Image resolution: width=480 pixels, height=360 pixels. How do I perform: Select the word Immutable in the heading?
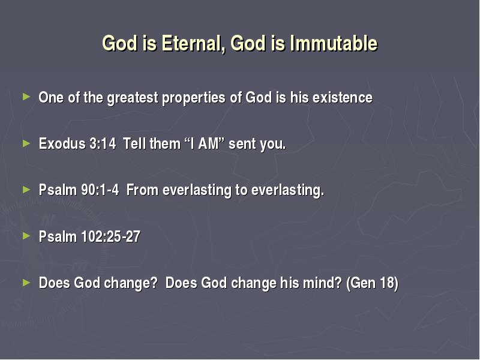click(x=334, y=43)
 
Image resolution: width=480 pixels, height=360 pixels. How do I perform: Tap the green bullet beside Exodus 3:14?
click(x=26, y=143)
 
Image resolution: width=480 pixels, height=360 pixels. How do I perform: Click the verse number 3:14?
click(x=103, y=143)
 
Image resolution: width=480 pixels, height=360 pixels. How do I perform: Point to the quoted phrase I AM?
click(x=205, y=143)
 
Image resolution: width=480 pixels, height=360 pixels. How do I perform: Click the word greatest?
click(x=132, y=98)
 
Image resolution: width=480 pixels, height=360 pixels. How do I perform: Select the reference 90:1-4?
click(x=100, y=190)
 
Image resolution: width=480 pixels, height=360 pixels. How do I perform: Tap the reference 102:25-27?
click(x=111, y=236)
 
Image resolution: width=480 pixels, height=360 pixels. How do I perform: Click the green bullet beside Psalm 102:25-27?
click(x=26, y=236)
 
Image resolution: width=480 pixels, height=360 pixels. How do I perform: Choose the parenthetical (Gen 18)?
click(x=372, y=283)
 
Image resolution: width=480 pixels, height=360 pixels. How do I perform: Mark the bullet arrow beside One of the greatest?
click(x=26, y=97)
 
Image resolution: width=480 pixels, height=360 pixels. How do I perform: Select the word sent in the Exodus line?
click(x=242, y=143)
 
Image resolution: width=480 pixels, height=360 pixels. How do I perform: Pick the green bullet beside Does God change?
click(x=26, y=282)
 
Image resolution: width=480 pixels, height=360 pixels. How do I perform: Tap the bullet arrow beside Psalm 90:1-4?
click(x=26, y=190)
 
